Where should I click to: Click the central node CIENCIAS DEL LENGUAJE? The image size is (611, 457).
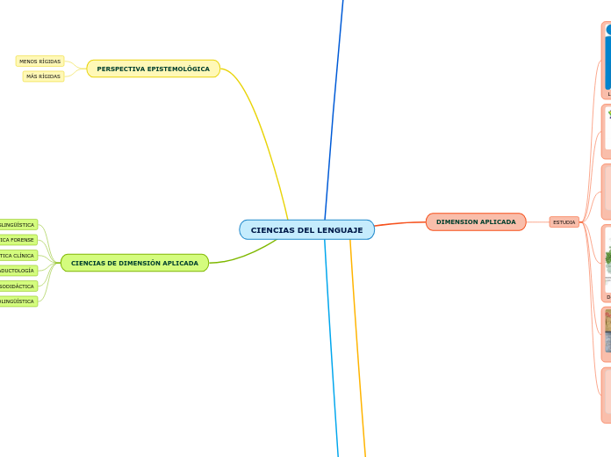pyautogui.click(x=306, y=229)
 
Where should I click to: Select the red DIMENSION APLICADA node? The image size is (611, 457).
pyautogui.click(x=476, y=221)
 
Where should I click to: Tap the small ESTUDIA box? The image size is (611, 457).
pyautogui.click(x=564, y=222)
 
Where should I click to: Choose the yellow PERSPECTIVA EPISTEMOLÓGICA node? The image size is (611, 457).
pyautogui.click(x=153, y=69)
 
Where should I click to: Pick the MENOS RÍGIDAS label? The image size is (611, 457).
pyautogui.click(x=40, y=62)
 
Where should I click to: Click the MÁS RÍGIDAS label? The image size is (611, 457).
pyautogui.click(x=43, y=76)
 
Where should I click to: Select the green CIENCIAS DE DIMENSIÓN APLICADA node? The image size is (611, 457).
pyautogui.click(x=134, y=263)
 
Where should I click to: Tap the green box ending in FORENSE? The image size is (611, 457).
pyautogui.click(x=18, y=240)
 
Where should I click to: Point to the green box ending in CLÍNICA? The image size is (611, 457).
pyautogui.click(x=18, y=256)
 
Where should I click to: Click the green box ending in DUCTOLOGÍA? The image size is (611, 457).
pyautogui.click(x=18, y=271)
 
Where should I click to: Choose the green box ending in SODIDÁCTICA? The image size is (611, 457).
pyautogui.click(x=18, y=287)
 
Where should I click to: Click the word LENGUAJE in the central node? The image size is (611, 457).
pyautogui.click(x=334, y=230)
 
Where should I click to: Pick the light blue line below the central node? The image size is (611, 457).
pyautogui.click(x=331, y=352)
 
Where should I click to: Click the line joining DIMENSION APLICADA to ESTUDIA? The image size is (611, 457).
pyautogui.click(x=537, y=221)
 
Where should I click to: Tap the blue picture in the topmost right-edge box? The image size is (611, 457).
pyautogui.click(x=607, y=62)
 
